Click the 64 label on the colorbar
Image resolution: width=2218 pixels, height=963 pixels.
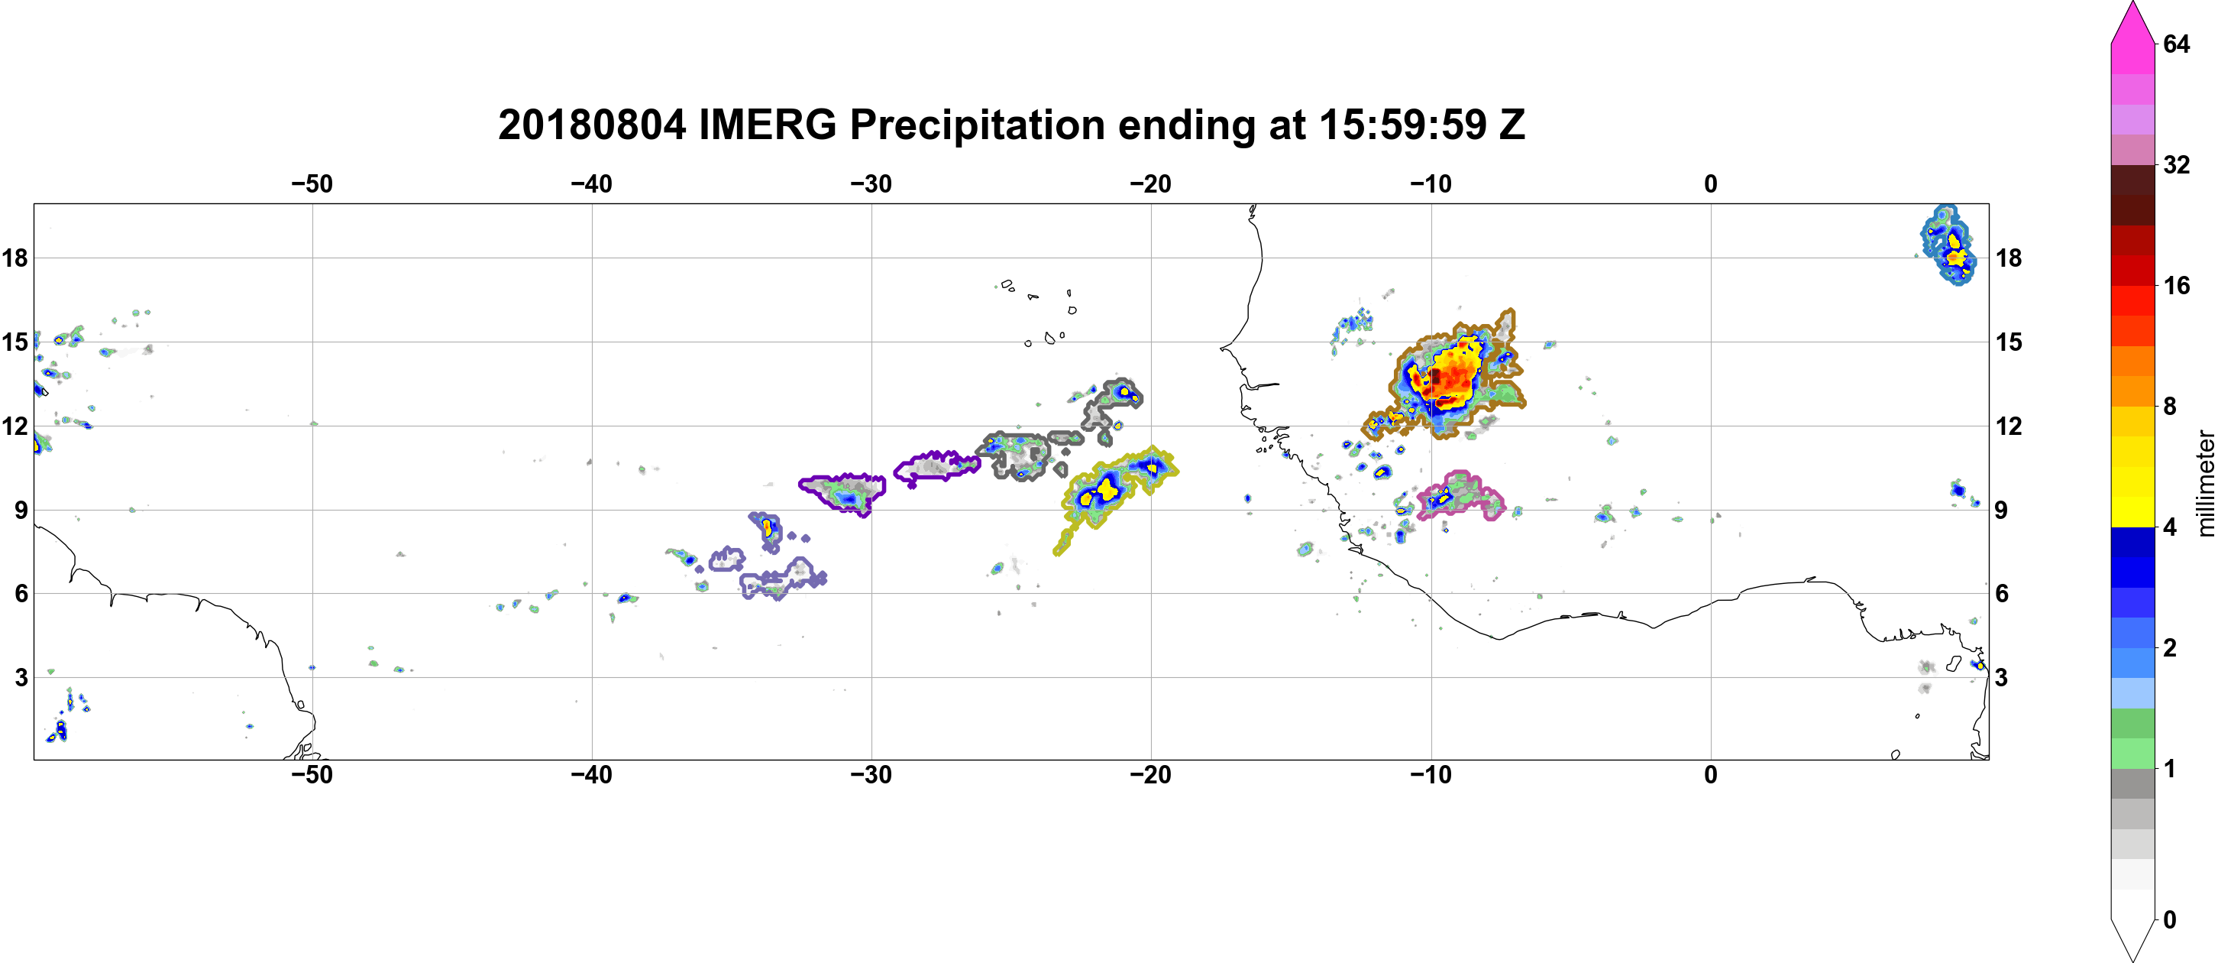pyautogui.click(x=2177, y=44)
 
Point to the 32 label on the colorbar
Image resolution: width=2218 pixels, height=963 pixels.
pyautogui.click(x=2177, y=164)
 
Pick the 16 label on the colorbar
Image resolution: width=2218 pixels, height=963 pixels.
pyautogui.click(x=2177, y=285)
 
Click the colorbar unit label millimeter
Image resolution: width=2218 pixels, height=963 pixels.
pyautogui.click(x=2206, y=483)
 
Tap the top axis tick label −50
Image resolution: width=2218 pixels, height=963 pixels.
pyautogui.click(x=312, y=183)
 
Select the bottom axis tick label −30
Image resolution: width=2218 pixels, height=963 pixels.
pyautogui.click(x=871, y=774)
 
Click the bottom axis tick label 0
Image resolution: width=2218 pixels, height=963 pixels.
pyautogui.click(x=1711, y=774)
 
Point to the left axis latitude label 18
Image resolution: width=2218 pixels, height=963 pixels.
pyautogui.click(x=15, y=258)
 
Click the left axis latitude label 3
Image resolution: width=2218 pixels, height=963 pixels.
pyautogui.click(x=21, y=677)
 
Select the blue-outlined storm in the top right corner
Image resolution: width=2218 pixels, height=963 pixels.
pyautogui.click(x=1948, y=245)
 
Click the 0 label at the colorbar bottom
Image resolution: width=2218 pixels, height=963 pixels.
pyautogui.click(x=2170, y=919)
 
